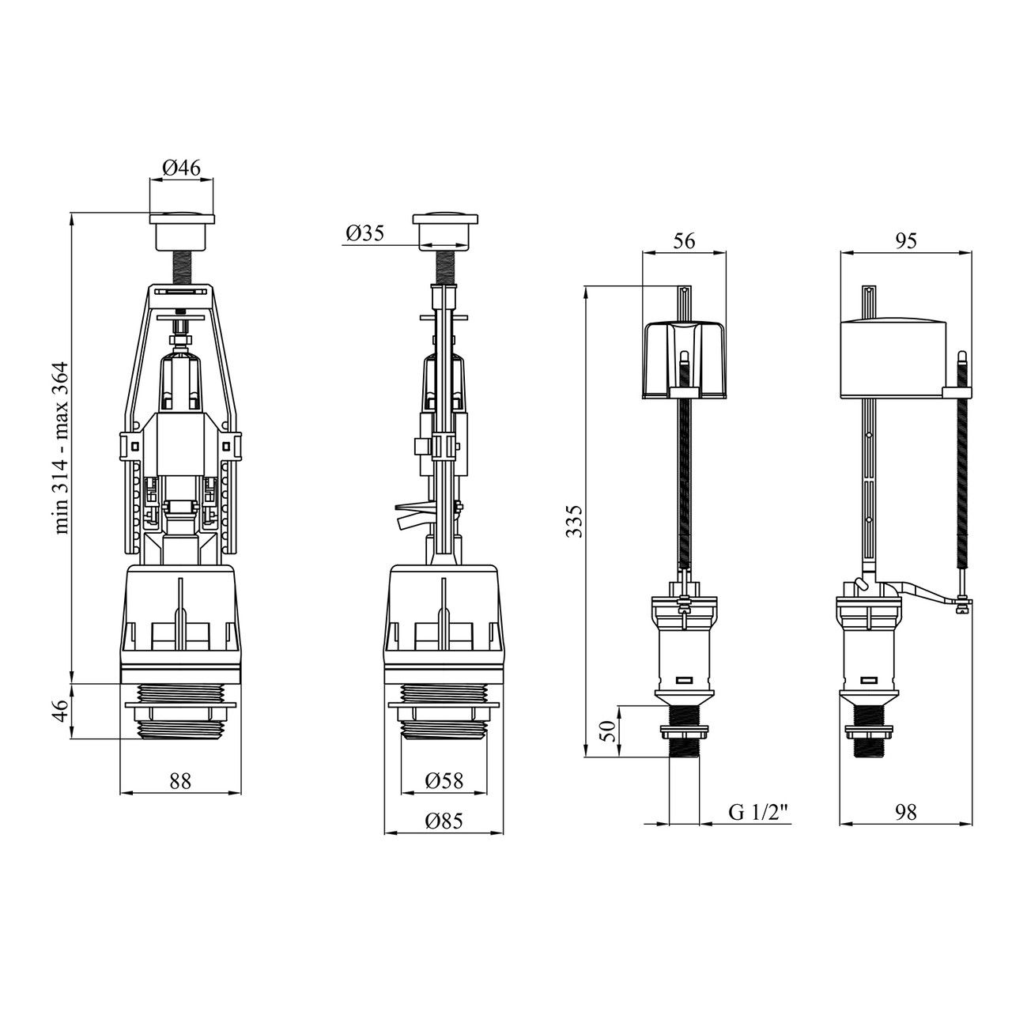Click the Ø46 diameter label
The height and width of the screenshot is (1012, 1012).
(181, 168)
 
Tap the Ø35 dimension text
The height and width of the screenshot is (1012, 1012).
(365, 233)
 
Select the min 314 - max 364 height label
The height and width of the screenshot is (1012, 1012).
(62, 447)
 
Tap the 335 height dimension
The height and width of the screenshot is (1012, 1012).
(576, 521)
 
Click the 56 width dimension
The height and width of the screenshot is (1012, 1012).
(684, 240)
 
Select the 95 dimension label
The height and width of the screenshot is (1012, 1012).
(905, 240)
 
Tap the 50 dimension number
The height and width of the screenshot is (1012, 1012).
(607, 731)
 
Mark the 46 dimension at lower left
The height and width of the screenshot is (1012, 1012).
(62, 711)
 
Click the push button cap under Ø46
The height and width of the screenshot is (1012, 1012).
(182, 231)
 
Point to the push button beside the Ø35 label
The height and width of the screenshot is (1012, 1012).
(445, 231)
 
